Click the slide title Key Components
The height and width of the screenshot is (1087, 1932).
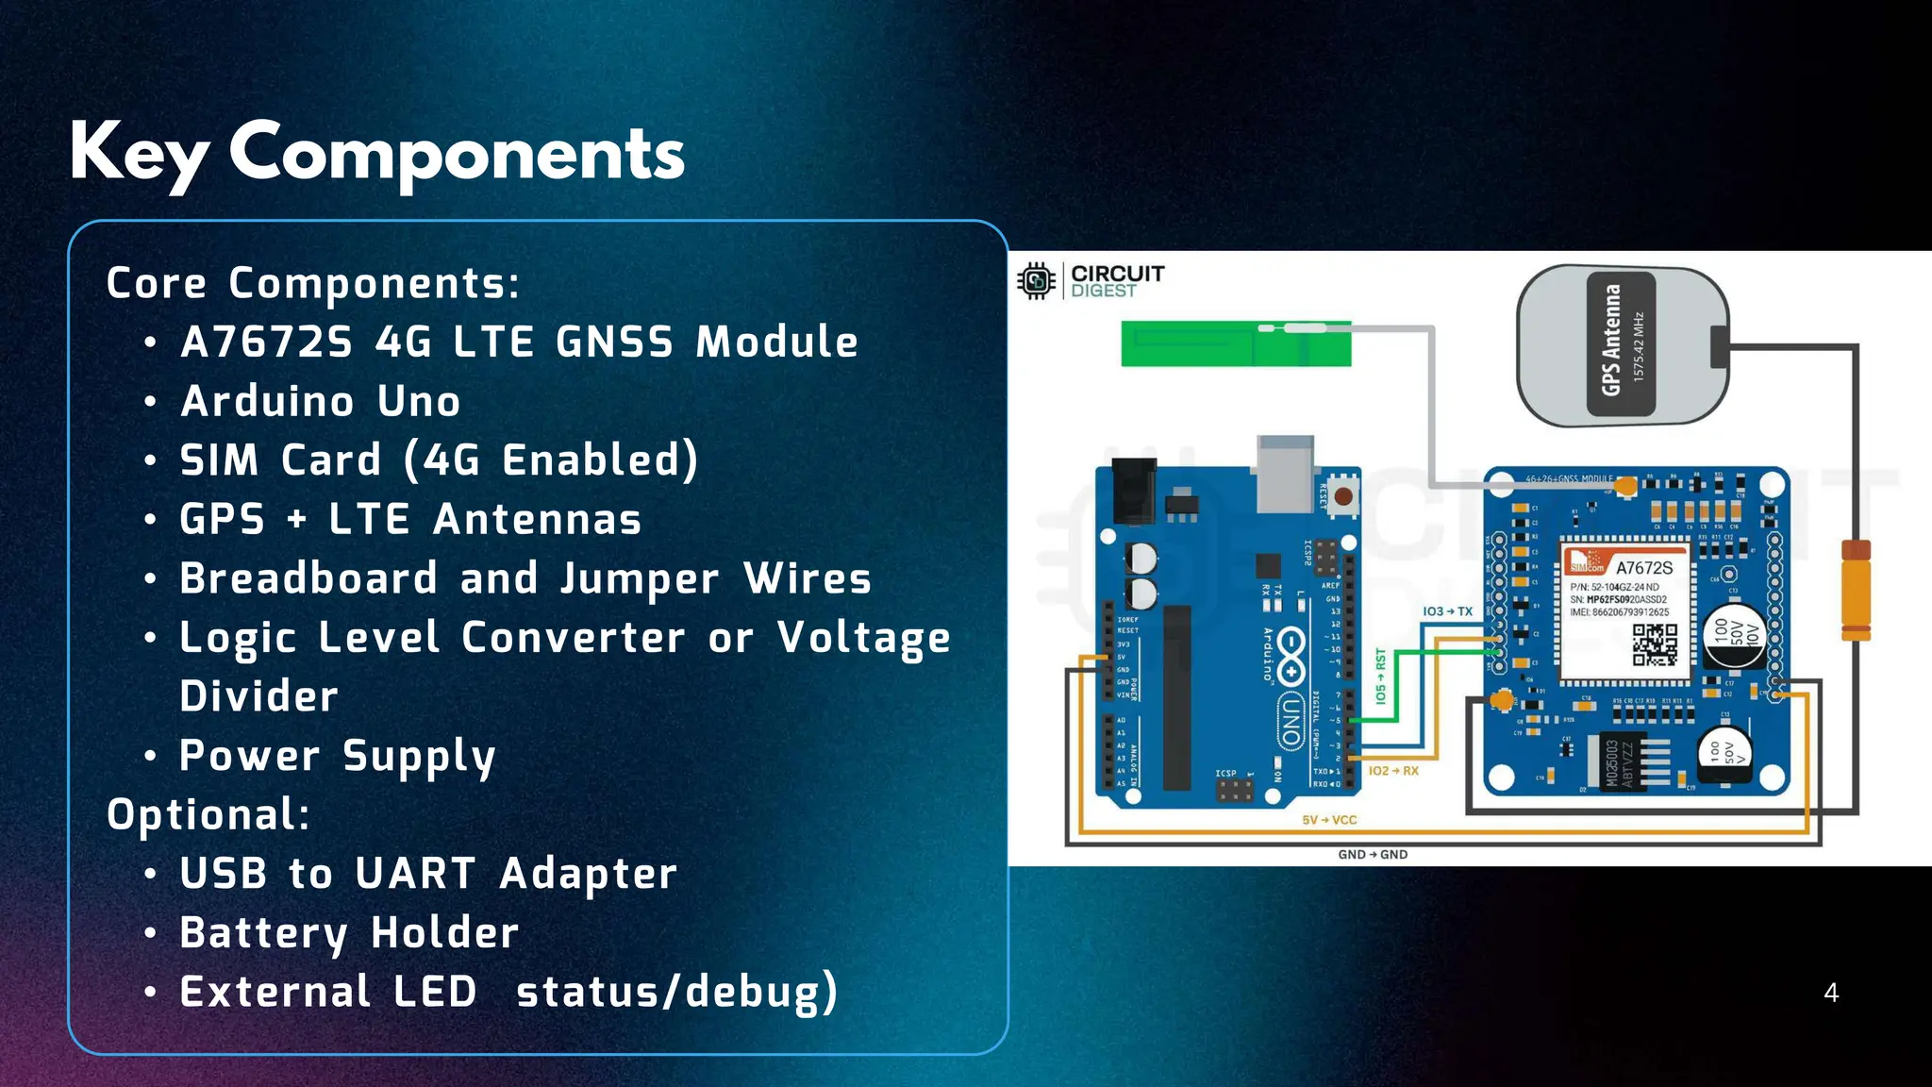click(x=377, y=153)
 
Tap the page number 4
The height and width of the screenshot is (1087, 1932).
click(x=1831, y=993)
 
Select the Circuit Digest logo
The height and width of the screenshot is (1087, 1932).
click(x=1091, y=280)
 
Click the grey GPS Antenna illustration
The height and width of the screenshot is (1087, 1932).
click(x=1622, y=344)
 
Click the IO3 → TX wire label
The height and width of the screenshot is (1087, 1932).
click(x=1447, y=611)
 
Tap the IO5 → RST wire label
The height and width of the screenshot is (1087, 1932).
click(x=1381, y=676)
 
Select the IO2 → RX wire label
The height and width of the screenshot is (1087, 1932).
click(x=1393, y=771)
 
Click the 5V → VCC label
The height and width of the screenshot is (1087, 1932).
click(x=1329, y=820)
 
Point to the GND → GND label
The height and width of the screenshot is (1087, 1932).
click(x=1373, y=854)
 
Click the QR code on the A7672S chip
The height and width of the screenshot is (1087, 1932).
click(x=1655, y=645)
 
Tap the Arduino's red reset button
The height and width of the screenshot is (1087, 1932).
click(x=1343, y=495)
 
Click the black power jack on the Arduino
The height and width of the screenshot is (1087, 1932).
click(x=1134, y=490)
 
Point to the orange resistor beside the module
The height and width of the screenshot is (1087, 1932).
click(x=1856, y=590)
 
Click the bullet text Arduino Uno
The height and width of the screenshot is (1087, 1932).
click(x=321, y=401)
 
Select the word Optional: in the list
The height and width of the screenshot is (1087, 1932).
click(x=208, y=814)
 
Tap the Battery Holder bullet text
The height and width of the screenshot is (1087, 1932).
click(x=349, y=932)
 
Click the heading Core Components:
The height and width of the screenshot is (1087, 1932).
click(x=313, y=283)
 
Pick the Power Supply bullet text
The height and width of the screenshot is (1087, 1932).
click(x=338, y=756)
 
